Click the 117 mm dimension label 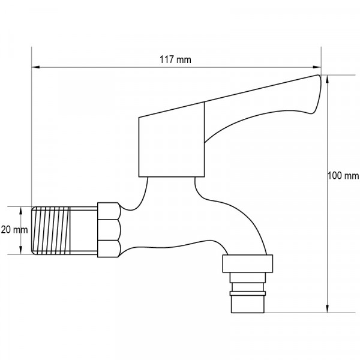[175, 59]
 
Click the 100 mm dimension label [343, 176]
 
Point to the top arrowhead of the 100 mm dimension [328, 79]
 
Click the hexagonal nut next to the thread [109, 230]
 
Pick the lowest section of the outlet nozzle [248, 301]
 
